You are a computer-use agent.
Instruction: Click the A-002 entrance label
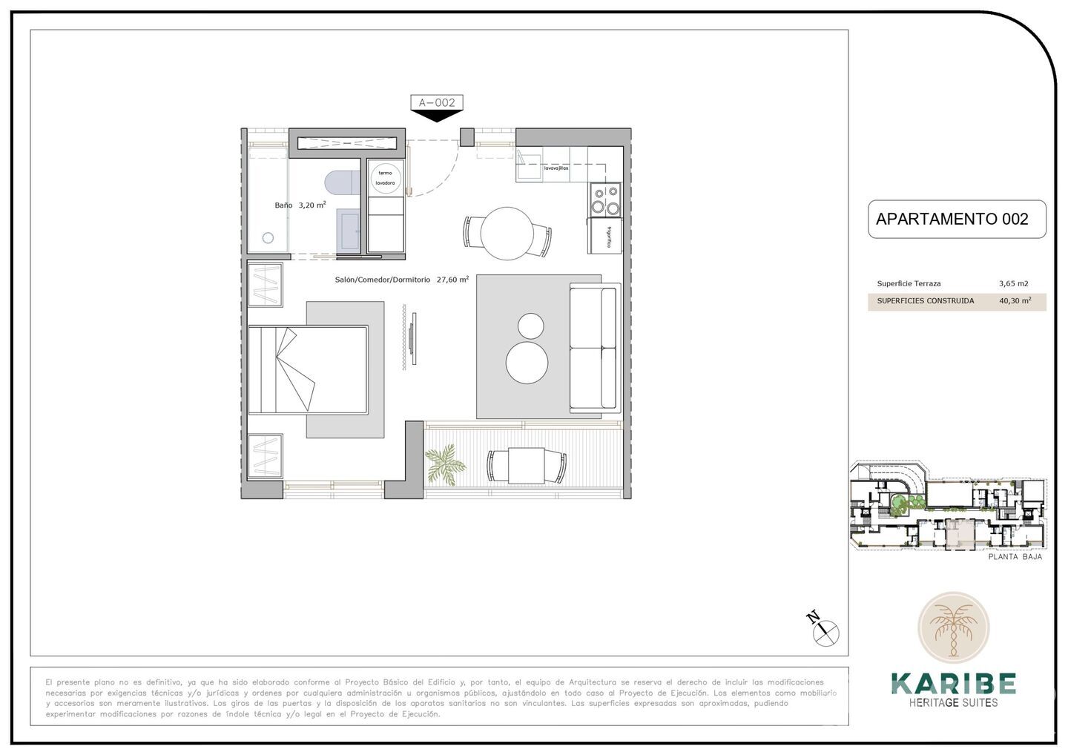click(437, 102)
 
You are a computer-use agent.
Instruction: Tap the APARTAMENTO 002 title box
click(956, 219)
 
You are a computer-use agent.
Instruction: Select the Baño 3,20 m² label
click(300, 205)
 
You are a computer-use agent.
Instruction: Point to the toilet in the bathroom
click(341, 182)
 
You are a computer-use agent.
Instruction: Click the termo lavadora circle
click(386, 178)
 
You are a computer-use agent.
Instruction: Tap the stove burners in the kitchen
click(605, 198)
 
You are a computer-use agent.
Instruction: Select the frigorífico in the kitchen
click(605, 236)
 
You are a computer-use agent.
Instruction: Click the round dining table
click(507, 233)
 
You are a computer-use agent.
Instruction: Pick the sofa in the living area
click(594, 348)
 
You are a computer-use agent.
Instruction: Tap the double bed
click(308, 369)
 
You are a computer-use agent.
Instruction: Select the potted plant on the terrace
click(445, 464)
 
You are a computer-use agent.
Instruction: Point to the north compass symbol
click(825, 632)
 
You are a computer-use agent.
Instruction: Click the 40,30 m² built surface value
click(1015, 301)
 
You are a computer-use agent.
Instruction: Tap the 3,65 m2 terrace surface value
click(1013, 283)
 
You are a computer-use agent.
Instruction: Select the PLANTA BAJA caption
click(1015, 556)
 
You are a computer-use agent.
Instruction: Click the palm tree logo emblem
click(953, 627)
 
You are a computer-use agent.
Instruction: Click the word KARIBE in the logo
click(953, 684)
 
